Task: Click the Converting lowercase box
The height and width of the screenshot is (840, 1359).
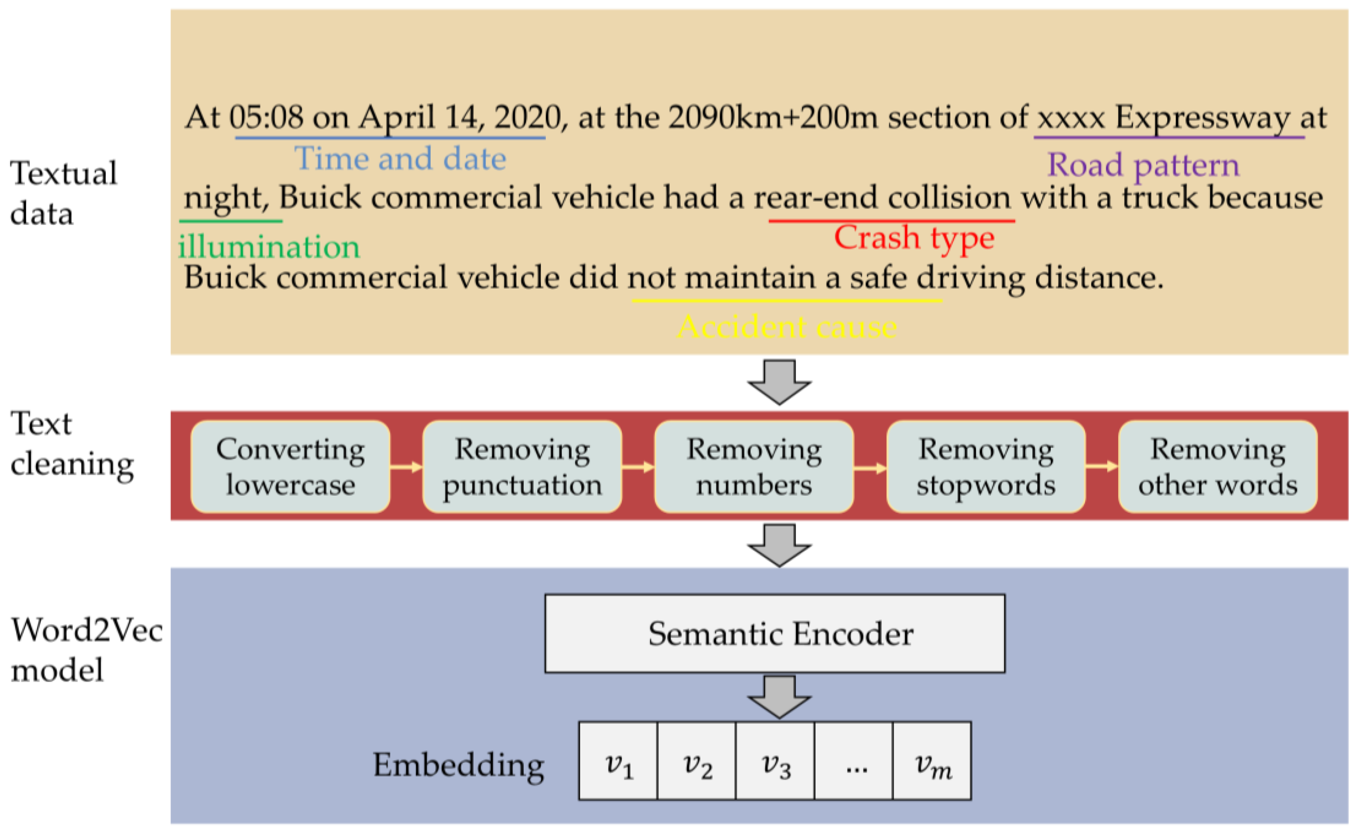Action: click(x=290, y=467)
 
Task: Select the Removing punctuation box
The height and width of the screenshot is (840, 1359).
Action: click(x=522, y=467)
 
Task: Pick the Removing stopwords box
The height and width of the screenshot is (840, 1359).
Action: click(x=985, y=467)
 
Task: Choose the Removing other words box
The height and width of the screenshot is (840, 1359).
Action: click(x=1217, y=467)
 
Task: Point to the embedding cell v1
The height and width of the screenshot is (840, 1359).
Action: click(x=618, y=761)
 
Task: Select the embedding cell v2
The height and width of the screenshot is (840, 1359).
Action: click(x=696, y=761)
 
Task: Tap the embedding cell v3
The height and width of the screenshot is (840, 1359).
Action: click(x=775, y=761)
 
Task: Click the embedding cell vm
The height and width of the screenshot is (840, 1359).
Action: click(x=932, y=761)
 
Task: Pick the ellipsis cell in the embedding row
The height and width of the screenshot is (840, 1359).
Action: click(x=854, y=761)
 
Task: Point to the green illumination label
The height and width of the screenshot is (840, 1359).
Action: click(x=269, y=247)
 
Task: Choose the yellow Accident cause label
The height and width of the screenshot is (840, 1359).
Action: click(x=787, y=327)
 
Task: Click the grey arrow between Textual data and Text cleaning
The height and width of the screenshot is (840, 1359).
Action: click(x=779, y=382)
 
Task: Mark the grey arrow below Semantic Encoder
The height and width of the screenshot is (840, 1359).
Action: click(x=779, y=697)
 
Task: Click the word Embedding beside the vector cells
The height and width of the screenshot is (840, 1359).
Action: click(x=458, y=765)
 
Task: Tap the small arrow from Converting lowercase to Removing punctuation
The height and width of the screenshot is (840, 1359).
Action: click(x=406, y=467)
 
